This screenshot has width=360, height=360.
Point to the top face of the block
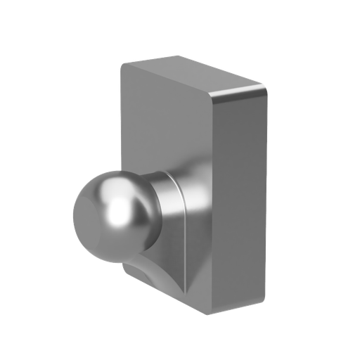(x=190, y=74)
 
